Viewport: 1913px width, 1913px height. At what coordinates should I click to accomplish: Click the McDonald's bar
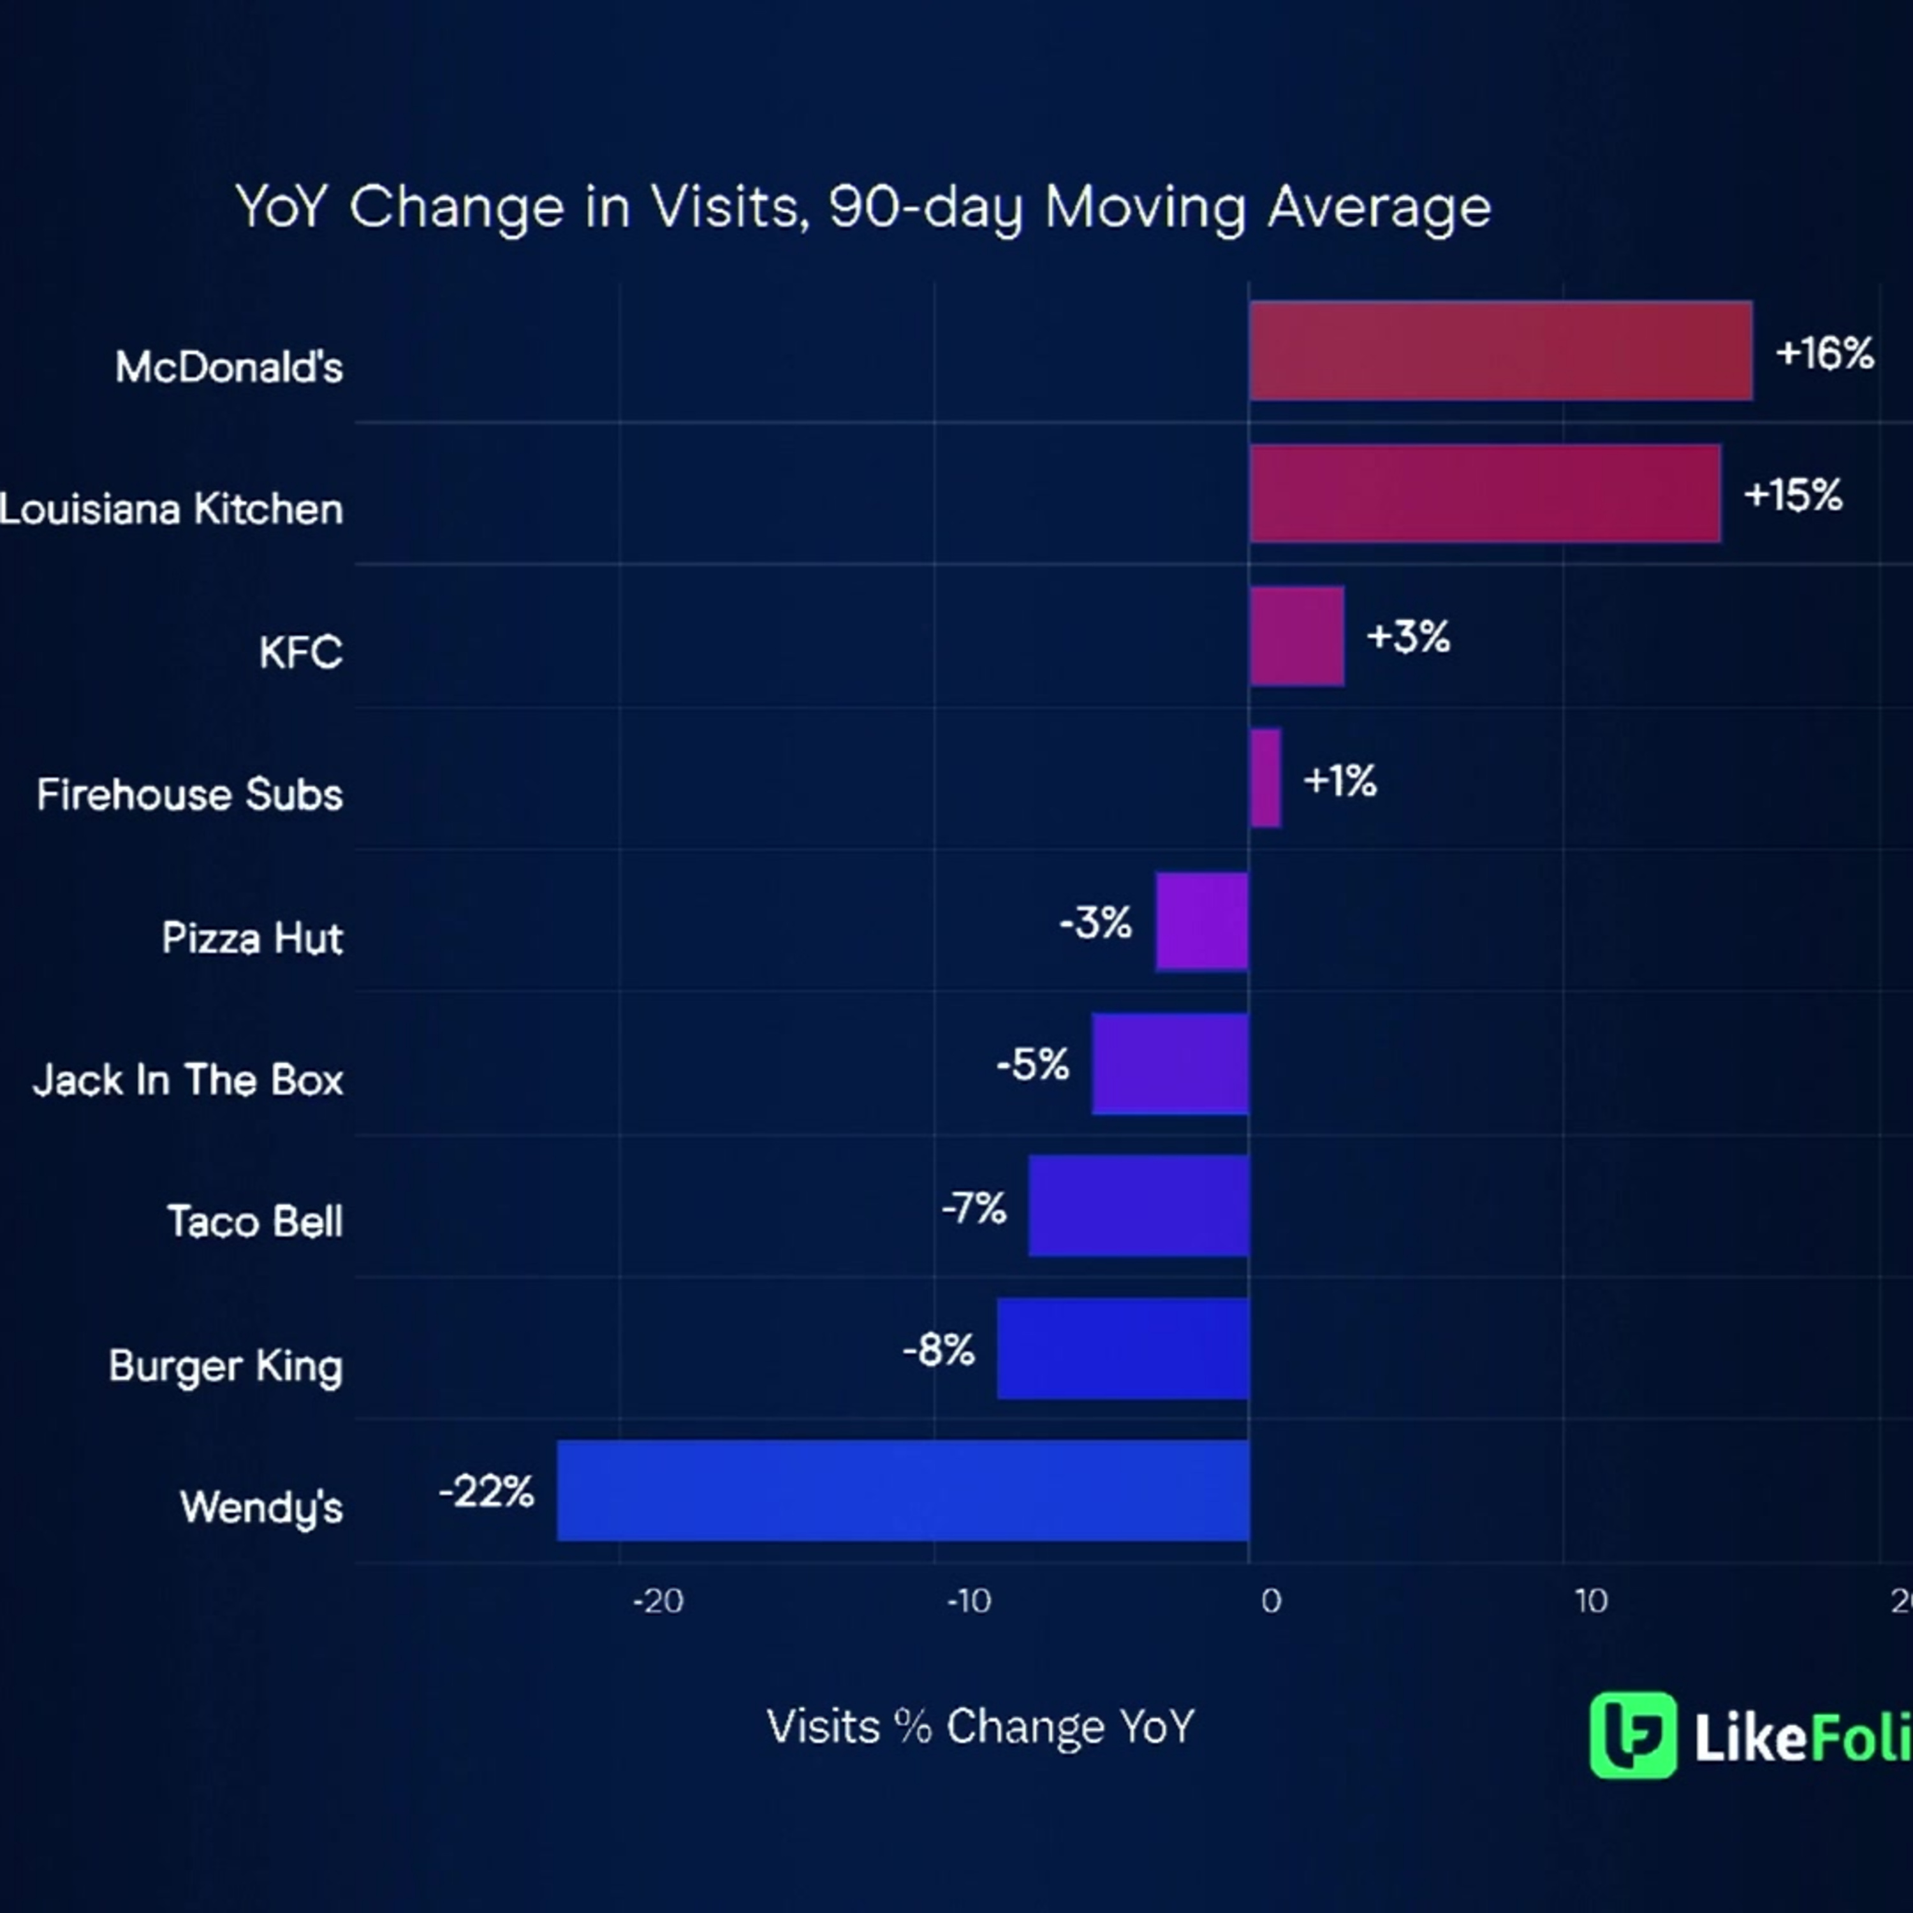click(x=1500, y=351)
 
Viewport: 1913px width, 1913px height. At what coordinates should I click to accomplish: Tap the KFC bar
click(x=1296, y=636)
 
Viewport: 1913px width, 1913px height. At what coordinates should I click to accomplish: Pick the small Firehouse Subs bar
click(x=1264, y=778)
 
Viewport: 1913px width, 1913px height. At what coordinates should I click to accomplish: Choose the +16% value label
click(x=1824, y=353)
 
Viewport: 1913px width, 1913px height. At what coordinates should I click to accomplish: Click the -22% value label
click(x=486, y=1492)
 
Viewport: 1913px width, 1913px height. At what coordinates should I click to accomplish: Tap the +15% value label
click(x=1792, y=495)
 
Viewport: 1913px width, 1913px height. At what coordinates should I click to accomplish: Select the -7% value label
click(x=973, y=1208)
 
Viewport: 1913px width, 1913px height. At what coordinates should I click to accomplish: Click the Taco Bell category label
click(x=254, y=1222)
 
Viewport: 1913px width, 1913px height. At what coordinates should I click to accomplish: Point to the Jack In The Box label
click(x=188, y=1080)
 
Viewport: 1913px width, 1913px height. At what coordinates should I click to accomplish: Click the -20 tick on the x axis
click(x=657, y=1601)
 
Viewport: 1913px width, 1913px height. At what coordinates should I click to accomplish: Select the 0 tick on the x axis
click(x=1270, y=1601)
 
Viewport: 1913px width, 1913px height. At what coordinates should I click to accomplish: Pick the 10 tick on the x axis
click(x=1590, y=1601)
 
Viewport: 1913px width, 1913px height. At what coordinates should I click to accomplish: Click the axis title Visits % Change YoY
click(x=980, y=1727)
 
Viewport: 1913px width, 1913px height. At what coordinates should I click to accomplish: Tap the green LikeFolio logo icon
click(x=1633, y=1734)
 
